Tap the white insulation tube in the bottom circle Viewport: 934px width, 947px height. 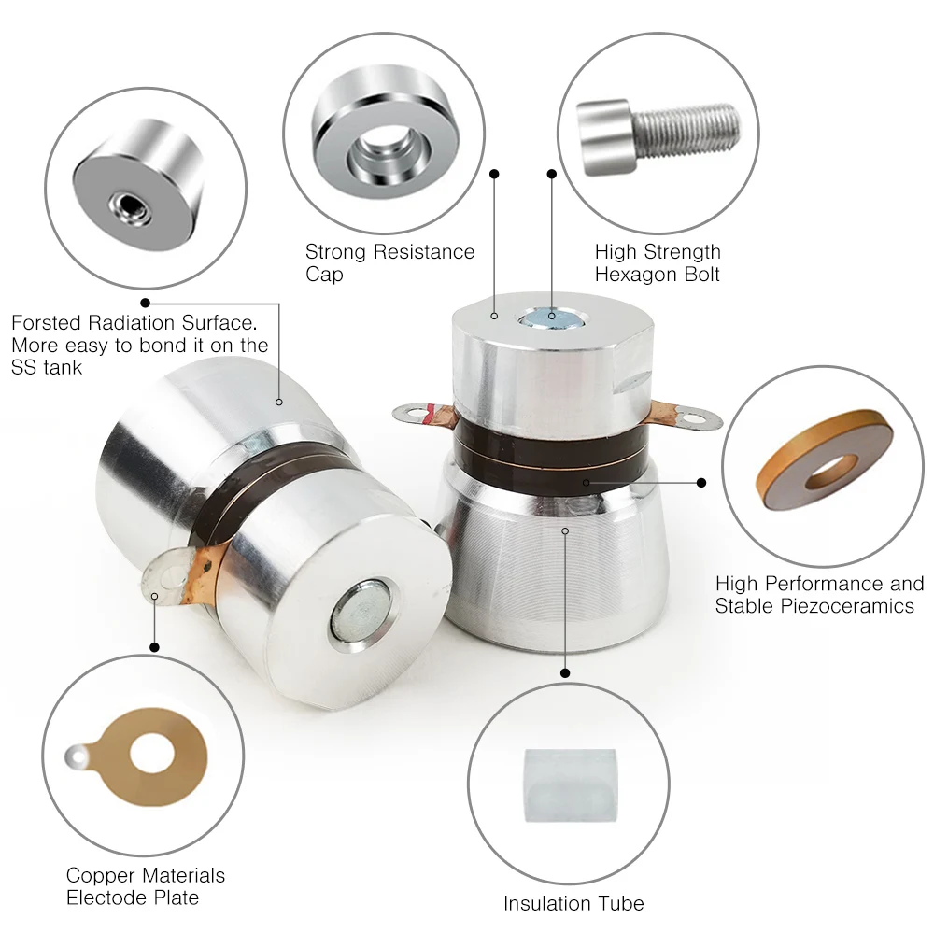569,784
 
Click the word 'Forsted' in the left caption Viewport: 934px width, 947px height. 46,323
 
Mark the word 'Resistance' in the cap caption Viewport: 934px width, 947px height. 424,252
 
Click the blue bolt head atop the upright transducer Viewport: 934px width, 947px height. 552,317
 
